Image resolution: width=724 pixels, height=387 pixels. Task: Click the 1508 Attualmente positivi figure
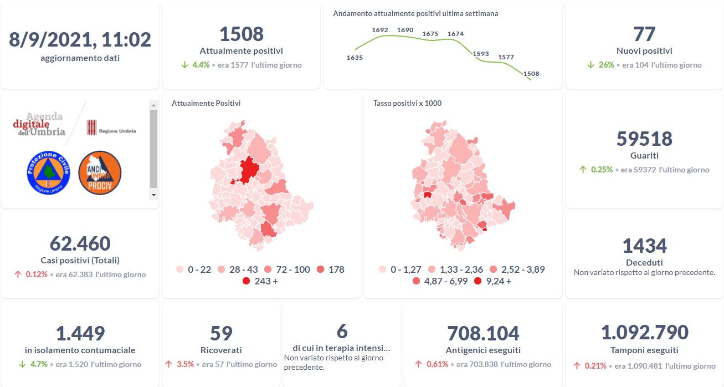point(241,34)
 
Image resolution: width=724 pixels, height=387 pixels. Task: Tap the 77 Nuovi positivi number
point(644,34)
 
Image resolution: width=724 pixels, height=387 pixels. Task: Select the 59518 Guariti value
point(644,139)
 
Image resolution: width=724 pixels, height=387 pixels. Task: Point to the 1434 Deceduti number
point(644,246)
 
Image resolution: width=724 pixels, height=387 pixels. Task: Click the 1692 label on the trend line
point(380,30)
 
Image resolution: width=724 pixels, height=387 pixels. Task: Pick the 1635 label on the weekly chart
point(354,57)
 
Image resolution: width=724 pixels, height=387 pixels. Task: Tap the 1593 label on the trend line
point(481,54)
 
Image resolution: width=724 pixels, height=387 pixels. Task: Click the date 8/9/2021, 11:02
point(80,39)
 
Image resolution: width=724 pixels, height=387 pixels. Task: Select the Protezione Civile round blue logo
point(48,172)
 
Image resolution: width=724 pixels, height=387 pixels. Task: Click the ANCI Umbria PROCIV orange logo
point(100,172)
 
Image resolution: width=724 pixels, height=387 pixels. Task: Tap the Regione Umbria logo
point(111,130)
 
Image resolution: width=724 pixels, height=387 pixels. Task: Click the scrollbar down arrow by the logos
point(153,195)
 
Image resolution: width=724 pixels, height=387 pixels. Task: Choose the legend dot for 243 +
point(247,281)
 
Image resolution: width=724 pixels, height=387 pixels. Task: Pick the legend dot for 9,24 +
point(478,281)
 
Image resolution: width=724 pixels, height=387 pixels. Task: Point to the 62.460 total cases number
point(80,243)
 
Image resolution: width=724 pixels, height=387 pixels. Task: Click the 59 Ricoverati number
point(220,333)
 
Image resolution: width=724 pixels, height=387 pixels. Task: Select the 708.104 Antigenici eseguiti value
point(482,333)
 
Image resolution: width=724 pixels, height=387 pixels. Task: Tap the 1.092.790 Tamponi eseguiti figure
point(644,332)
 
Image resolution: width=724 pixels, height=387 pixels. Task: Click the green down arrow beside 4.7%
point(22,364)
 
